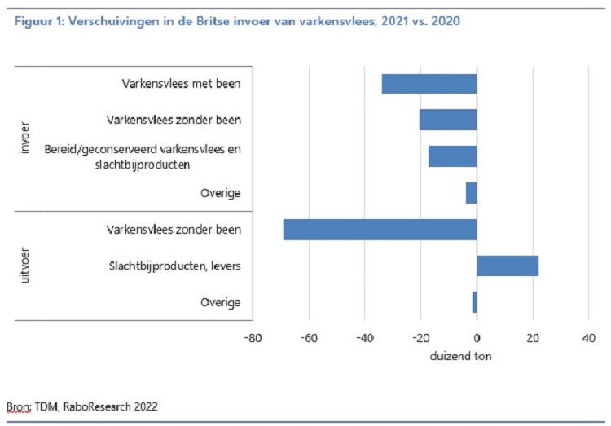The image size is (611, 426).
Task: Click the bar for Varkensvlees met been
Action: pos(429,84)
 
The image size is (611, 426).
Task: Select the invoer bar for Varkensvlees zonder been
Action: pos(448,120)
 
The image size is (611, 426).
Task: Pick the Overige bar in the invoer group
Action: pos(471,193)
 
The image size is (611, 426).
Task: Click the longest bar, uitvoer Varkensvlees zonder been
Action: pos(380,230)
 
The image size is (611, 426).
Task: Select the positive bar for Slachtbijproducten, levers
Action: pos(508,266)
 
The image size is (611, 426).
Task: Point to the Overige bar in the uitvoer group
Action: pos(474,302)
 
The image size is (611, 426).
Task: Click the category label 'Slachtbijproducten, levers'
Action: pos(175,266)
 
